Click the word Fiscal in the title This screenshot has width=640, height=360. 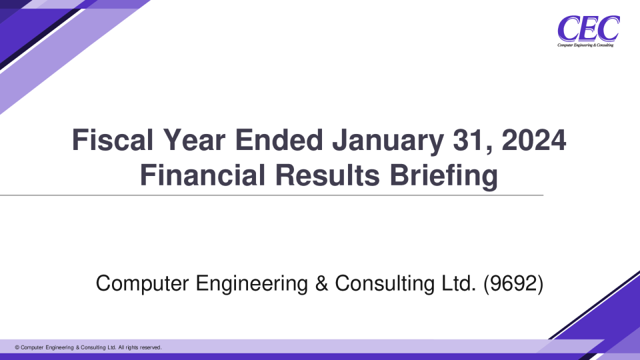[x=113, y=140]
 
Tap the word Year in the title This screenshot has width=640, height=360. [x=194, y=140]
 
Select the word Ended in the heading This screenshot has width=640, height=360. [x=279, y=140]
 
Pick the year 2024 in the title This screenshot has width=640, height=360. [x=533, y=140]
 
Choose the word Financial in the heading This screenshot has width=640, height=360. [x=203, y=175]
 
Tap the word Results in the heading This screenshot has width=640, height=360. [x=327, y=175]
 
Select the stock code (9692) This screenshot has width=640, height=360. [x=513, y=284]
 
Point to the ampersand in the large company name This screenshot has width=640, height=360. [x=321, y=284]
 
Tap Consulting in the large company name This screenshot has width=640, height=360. [x=385, y=284]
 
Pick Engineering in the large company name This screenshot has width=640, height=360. [x=252, y=284]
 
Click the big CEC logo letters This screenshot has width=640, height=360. [x=589, y=28]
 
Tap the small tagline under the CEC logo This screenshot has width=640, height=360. [x=585, y=45]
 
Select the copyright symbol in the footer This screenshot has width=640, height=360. [x=17, y=348]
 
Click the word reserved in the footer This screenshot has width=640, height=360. [x=151, y=348]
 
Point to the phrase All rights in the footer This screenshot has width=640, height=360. [x=128, y=348]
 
